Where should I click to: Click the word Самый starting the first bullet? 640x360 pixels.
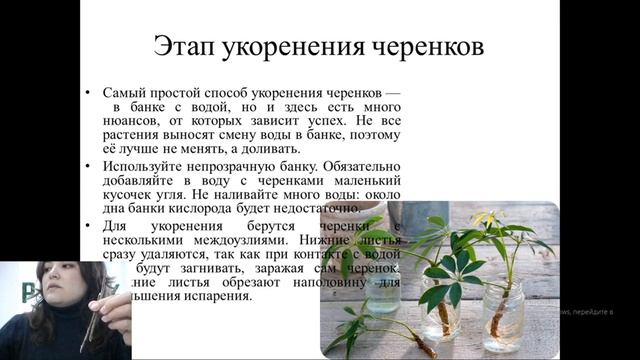tap(123, 91)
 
